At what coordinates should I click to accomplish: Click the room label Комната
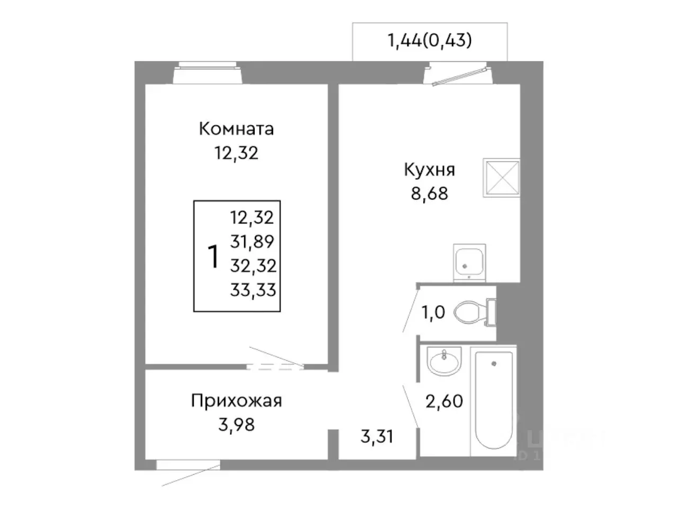click(236, 129)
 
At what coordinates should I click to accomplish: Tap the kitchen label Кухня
click(429, 170)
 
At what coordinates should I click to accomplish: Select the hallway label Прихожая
click(236, 401)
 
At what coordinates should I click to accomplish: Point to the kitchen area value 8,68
click(429, 194)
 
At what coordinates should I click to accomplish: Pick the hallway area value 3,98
click(236, 424)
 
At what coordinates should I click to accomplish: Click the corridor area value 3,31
click(377, 438)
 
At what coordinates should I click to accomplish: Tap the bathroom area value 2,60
click(444, 401)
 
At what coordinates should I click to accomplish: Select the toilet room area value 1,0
click(433, 313)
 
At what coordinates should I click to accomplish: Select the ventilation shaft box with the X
click(501, 178)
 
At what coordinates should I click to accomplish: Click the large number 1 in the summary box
click(213, 257)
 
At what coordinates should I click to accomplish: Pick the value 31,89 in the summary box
click(252, 242)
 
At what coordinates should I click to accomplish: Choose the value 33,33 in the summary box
click(253, 289)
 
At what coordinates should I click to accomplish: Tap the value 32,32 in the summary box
click(253, 265)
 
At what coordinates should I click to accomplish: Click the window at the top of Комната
click(208, 73)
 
